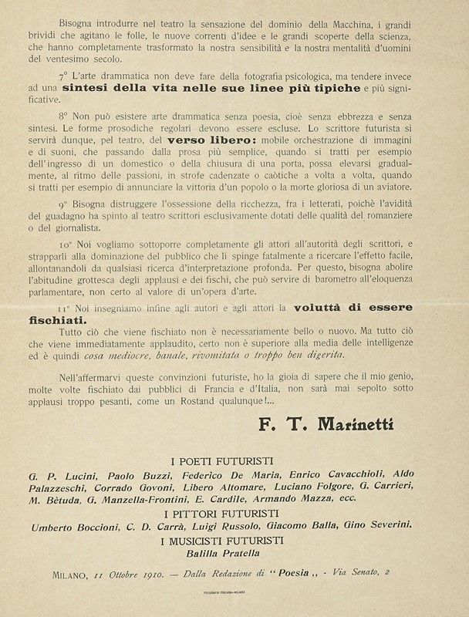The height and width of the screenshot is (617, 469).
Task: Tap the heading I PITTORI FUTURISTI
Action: point(234,512)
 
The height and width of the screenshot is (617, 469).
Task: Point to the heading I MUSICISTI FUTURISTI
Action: point(234,540)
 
